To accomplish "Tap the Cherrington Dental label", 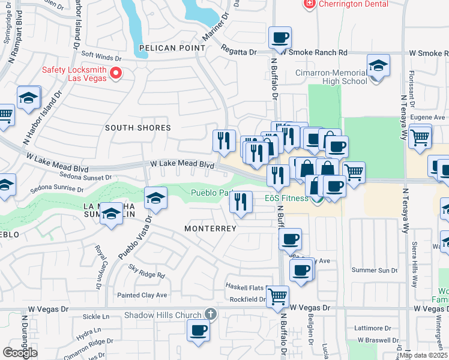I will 346,4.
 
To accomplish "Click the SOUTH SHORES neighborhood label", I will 138,128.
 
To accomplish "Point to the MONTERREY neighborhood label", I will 210,229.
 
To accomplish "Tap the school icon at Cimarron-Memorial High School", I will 378,65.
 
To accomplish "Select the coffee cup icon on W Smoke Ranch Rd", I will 280,38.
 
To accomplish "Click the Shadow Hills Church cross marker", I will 209,314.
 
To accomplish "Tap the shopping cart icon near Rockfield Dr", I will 277,296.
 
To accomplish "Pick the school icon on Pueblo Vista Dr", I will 155,198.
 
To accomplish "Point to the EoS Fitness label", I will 285,196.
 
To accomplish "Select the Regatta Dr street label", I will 238,52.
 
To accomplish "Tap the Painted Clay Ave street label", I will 142,295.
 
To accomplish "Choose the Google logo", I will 20,352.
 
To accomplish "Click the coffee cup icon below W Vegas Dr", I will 197,329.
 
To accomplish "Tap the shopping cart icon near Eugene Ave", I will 420,136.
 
